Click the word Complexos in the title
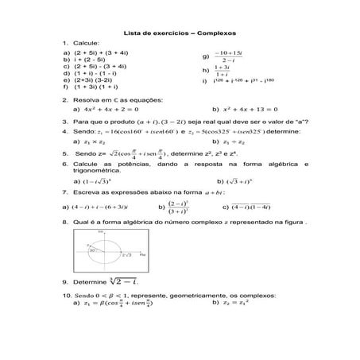pos(211,33)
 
